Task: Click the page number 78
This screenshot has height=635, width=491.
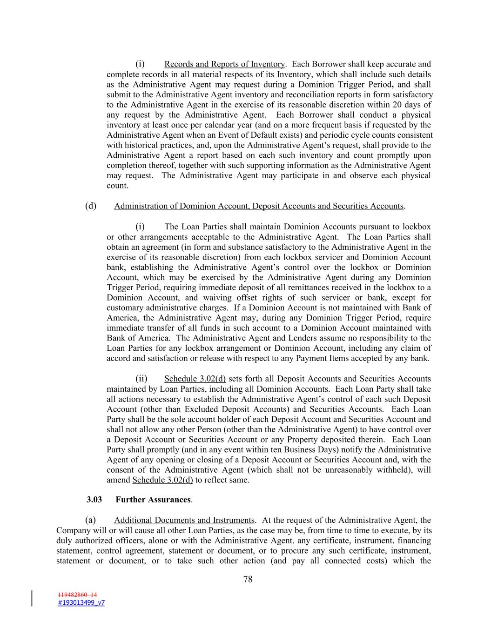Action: click(248, 579)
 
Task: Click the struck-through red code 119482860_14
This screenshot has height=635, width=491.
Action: click(78, 595)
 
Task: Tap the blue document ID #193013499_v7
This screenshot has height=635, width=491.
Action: click(81, 602)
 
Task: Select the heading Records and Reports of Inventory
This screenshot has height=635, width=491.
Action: click(224, 64)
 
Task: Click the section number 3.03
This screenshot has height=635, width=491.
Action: click(94, 500)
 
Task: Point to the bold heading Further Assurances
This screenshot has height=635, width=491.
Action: click(153, 500)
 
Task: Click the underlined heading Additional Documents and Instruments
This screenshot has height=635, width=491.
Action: click(184, 520)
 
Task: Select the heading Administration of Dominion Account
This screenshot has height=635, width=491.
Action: click(258, 206)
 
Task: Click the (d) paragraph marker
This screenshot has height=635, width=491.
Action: click(91, 206)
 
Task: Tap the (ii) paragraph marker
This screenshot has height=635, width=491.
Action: click(141, 379)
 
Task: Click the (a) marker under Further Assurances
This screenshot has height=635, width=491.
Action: click(91, 520)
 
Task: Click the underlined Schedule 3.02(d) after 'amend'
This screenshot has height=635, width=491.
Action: click(162, 480)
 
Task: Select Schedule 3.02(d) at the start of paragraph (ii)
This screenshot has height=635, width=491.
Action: click(195, 379)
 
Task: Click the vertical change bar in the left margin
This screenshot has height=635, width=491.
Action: click(32, 598)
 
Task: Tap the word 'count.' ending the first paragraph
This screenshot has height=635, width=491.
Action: click(117, 186)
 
